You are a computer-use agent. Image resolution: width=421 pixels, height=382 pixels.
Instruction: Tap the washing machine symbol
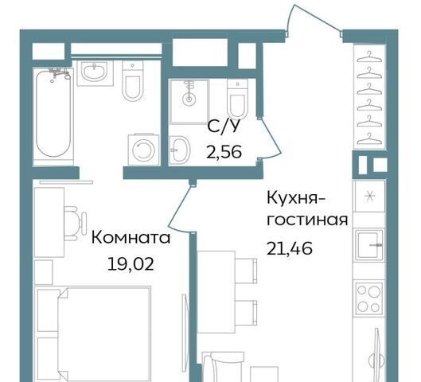tap(143, 150)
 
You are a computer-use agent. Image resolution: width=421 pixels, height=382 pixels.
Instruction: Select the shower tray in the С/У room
tap(189, 101)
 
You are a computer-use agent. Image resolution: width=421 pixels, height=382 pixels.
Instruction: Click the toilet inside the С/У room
tap(237, 99)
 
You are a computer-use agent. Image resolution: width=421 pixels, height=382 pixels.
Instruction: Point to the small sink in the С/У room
tap(180, 150)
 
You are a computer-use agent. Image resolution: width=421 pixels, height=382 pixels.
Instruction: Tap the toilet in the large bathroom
tap(133, 80)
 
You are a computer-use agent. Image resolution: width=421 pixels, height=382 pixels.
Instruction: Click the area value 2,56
tap(224, 152)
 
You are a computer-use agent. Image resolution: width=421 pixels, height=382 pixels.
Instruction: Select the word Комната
tap(131, 238)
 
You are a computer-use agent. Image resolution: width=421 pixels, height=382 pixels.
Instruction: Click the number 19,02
tap(131, 264)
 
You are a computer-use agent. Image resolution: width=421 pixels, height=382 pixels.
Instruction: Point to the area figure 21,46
tap(290, 248)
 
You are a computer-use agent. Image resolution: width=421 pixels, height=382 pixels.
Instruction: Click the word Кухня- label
tap(296, 199)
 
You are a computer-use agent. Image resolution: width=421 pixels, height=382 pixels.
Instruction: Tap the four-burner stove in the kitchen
tap(369, 298)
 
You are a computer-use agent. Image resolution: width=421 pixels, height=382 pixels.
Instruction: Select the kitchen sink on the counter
tap(369, 245)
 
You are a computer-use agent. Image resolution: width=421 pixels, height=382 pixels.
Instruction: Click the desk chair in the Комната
tap(75, 224)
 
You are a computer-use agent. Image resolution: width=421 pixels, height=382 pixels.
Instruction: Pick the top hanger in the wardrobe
tap(369, 57)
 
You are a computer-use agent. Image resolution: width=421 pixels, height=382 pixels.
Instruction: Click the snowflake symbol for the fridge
tap(369, 197)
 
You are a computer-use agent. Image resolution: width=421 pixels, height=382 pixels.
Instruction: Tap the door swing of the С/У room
tap(271, 139)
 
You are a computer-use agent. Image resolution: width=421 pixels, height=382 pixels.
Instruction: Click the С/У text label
tap(224, 127)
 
